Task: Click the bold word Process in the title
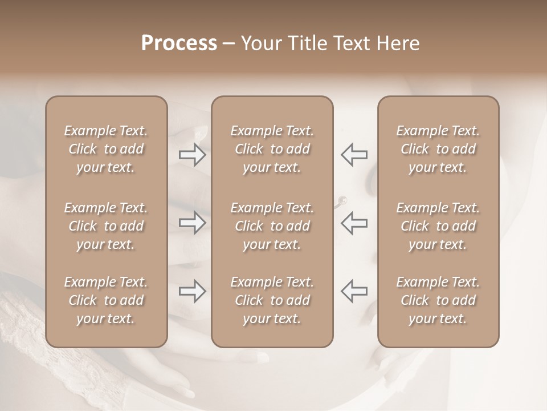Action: tap(179, 43)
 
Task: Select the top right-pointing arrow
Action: tap(193, 154)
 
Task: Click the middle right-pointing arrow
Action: tap(193, 223)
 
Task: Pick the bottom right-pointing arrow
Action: tap(193, 291)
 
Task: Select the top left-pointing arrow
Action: tap(354, 154)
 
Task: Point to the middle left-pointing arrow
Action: tap(354, 223)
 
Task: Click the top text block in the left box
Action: tap(106, 149)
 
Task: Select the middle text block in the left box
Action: tap(106, 226)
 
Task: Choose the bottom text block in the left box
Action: tap(106, 300)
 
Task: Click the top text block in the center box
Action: tap(272, 149)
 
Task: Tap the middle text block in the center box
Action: tap(272, 226)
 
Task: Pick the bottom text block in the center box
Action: tap(272, 300)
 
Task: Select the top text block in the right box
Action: tap(438, 149)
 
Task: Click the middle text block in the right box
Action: tap(438, 226)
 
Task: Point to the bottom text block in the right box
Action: tap(438, 300)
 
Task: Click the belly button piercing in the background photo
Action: tap(344, 200)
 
